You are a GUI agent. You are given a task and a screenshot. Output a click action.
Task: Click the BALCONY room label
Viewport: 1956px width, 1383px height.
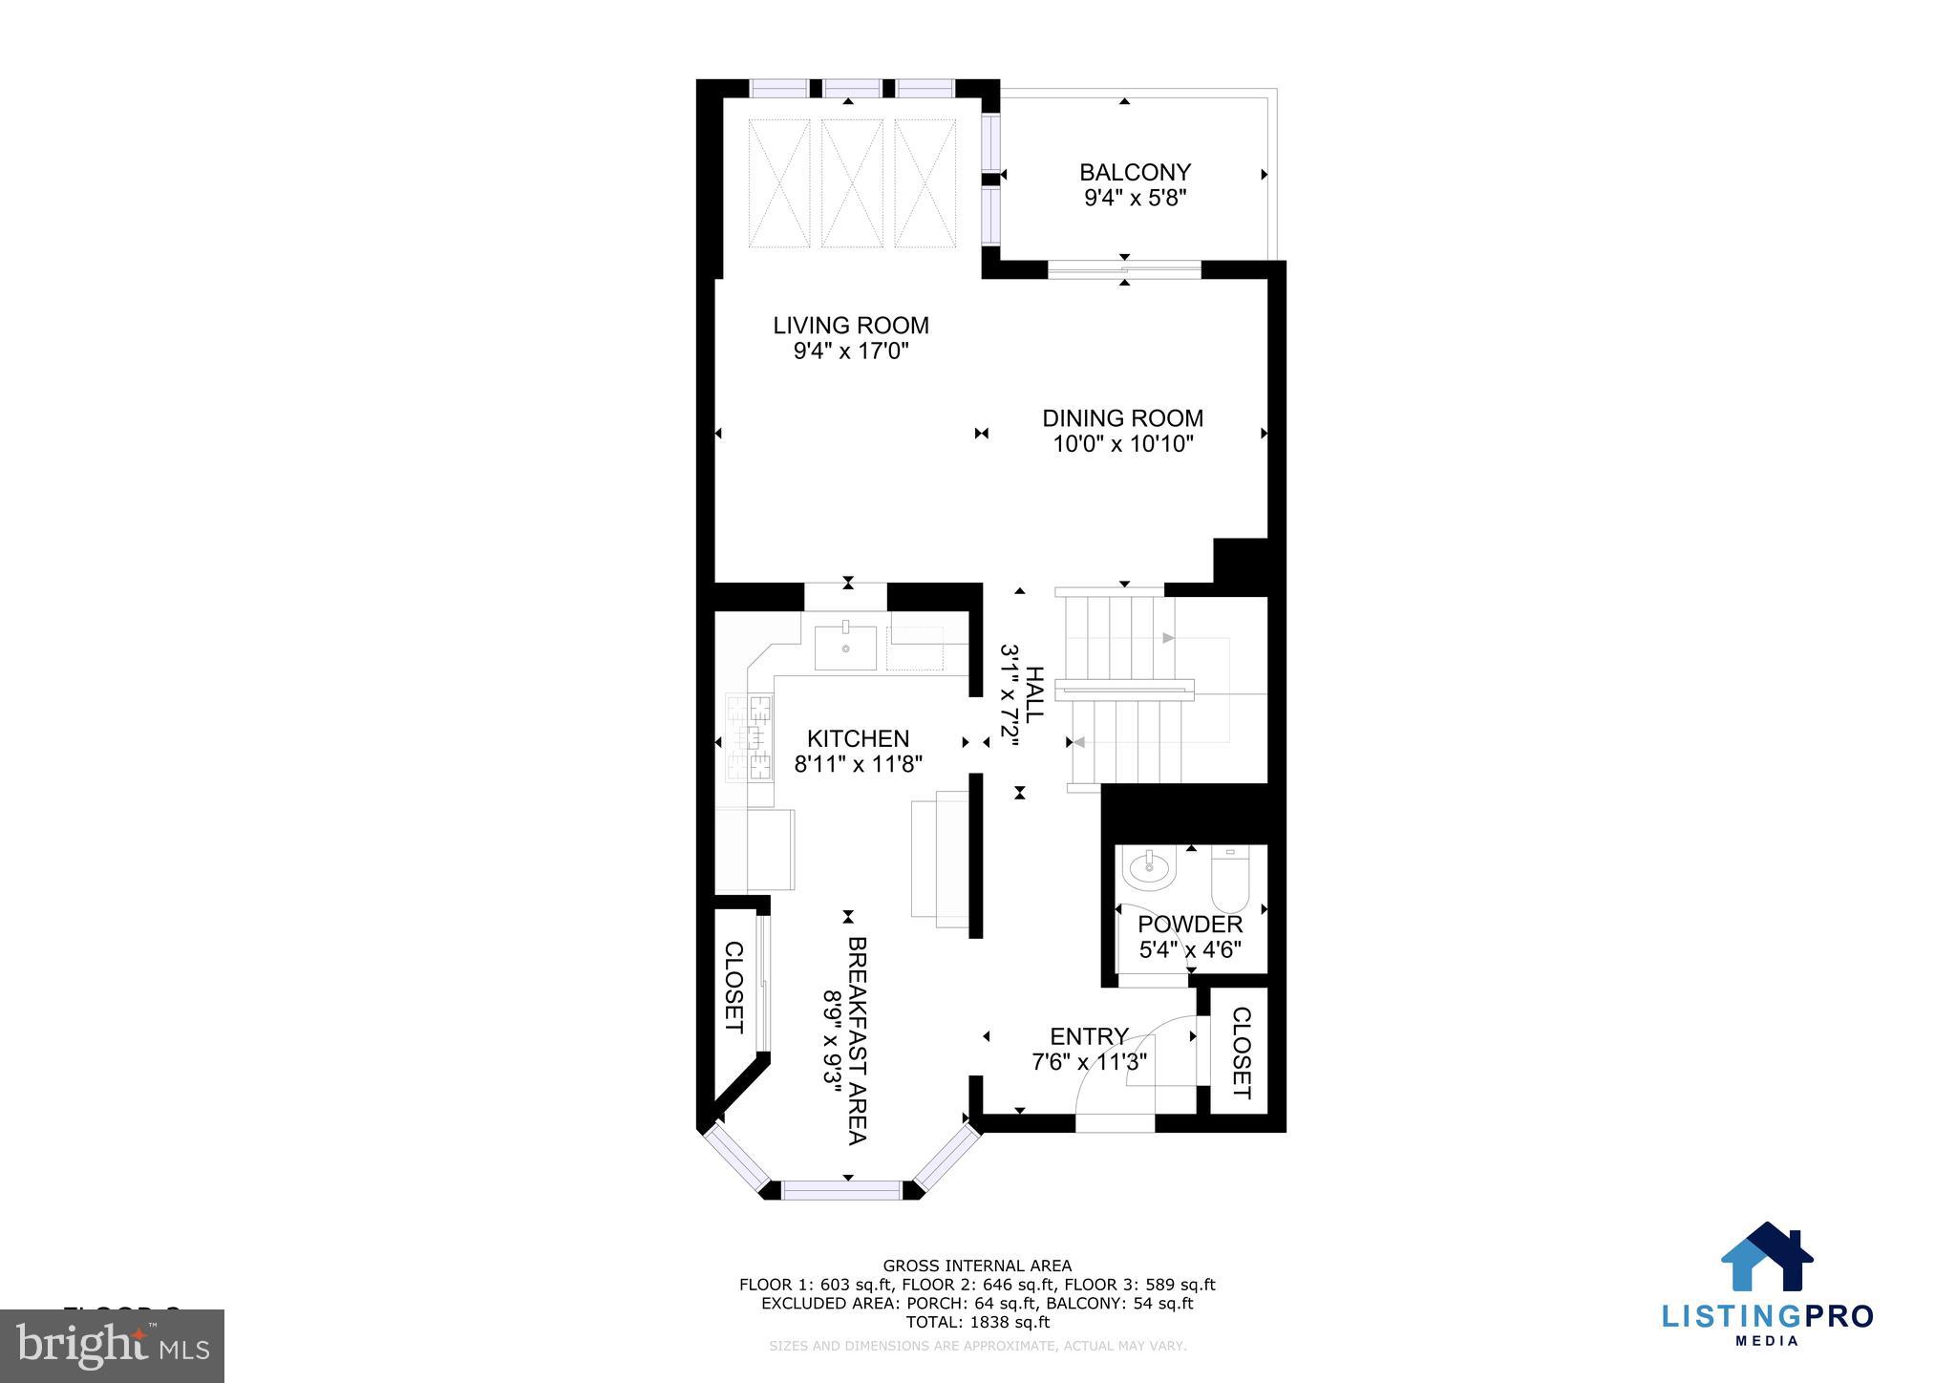[1135, 173]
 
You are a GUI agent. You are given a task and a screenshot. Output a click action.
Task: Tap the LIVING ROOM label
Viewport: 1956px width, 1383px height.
[851, 326]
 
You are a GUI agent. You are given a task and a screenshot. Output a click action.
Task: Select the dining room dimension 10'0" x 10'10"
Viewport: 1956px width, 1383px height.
[1123, 444]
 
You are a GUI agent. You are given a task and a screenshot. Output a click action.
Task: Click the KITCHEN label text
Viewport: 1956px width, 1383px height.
[858, 738]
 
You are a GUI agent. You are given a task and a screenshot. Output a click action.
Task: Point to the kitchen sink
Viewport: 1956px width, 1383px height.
[845, 649]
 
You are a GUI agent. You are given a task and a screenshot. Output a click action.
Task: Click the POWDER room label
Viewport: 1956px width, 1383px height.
[1190, 925]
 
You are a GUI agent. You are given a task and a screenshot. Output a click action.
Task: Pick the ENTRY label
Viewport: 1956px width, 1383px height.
[1089, 1037]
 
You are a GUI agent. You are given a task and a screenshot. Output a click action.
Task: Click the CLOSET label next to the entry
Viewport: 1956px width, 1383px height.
[1241, 1052]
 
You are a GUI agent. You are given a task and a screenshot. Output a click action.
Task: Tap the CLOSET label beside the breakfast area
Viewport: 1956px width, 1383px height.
[733, 987]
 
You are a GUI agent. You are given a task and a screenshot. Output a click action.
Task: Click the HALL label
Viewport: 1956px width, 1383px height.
[1033, 693]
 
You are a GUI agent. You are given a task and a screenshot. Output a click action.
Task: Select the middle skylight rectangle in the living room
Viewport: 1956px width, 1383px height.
[852, 182]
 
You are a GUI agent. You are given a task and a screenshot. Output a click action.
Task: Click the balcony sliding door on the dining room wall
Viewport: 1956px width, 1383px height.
[1124, 271]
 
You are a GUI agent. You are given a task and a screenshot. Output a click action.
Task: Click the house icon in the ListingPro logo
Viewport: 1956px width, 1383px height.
[1766, 1258]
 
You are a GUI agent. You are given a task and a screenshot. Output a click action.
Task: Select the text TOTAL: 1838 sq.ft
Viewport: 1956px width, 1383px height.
[977, 1323]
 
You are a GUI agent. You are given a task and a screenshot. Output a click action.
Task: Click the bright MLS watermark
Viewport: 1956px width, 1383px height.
[113, 1346]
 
